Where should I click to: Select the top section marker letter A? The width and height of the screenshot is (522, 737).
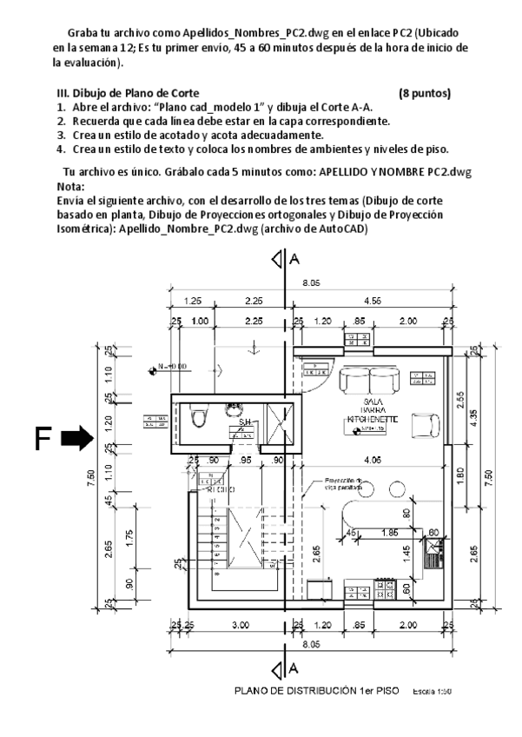click(x=294, y=259)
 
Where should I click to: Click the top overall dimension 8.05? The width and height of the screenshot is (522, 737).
click(x=310, y=283)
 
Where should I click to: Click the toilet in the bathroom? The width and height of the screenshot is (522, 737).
click(x=199, y=419)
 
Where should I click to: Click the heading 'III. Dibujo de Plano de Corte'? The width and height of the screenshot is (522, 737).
click(x=126, y=92)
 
